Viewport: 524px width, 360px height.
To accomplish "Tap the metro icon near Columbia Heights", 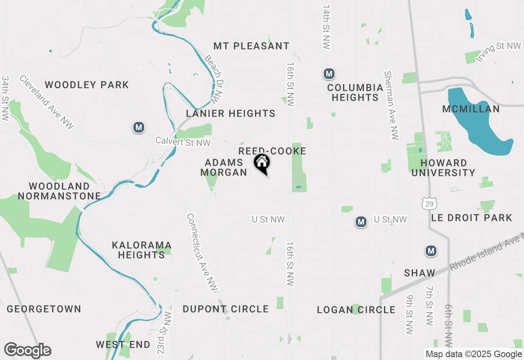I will (329, 74).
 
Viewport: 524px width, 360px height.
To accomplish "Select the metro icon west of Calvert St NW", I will (139, 127).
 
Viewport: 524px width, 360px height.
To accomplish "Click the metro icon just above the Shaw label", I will (431, 251).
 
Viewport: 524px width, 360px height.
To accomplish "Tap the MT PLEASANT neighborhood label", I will (251, 46).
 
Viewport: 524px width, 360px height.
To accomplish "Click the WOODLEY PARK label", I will (87, 85).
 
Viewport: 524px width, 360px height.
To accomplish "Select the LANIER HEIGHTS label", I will (230, 113).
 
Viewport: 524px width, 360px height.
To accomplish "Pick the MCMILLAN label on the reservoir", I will (471, 109).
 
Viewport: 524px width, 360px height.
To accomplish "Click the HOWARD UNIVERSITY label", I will (443, 168).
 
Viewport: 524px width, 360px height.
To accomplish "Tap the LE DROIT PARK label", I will (471, 218).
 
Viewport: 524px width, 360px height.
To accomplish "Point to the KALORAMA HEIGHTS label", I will (141, 250).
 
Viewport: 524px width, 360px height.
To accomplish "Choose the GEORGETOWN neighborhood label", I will (44, 309).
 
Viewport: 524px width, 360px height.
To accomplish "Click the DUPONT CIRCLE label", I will (226, 309).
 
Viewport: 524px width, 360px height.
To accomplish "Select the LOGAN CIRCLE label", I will (356, 310).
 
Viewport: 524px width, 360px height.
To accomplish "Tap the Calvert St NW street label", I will (183, 142).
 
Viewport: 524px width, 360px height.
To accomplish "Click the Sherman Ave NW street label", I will (391, 105).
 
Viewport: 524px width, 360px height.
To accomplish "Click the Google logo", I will (27, 351).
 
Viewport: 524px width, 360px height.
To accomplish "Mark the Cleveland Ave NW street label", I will (46, 102).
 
